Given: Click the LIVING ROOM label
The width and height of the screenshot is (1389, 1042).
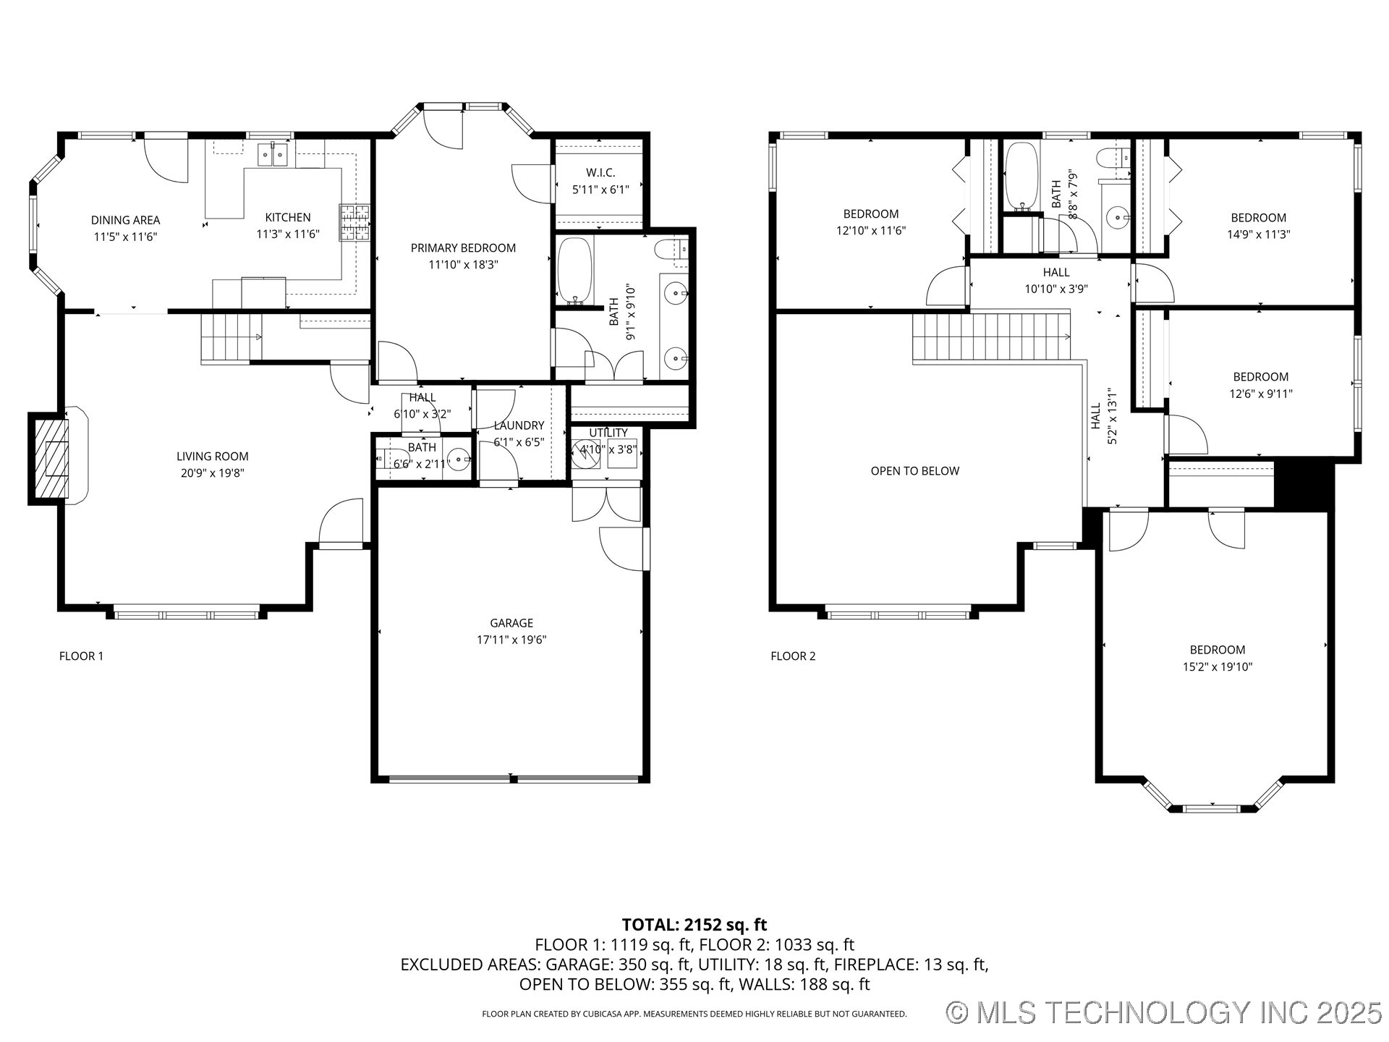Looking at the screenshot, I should pyautogui.click(x=212, y=457).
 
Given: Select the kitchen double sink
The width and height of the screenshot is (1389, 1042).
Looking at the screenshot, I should pyautogui.click(x=273, y=154).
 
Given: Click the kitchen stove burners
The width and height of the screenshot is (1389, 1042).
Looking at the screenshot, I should pyautogui.click(x=354, y=222).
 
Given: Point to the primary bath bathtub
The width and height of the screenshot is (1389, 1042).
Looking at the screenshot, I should pyautogui.click(x=575, y=270).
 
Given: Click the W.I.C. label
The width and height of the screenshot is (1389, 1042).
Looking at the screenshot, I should pyautogui.click(x=600, y=173).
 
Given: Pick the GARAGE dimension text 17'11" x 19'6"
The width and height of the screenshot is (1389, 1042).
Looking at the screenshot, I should pyautogui.click(x=511, y=640).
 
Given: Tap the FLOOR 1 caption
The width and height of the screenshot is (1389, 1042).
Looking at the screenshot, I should pyautogui.click(x=81, y=656).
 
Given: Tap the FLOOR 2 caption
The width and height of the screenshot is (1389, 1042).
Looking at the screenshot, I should pyautogui.click(x=793, y=656).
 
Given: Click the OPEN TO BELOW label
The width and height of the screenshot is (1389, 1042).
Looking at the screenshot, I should pyautogui.click(x=914, y=471).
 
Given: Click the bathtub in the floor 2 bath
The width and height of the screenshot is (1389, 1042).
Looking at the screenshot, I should pyautogui.click(x=1020, y=176).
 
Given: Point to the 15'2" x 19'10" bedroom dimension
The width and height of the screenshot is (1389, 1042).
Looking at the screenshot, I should pyautogui.click(x=1217, y=667).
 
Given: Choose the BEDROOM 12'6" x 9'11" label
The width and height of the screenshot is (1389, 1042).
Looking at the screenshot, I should pyautogui.click(x=1260, y=377).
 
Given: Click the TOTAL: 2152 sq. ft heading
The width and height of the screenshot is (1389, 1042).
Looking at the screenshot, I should pyautogui.click(x=694, y=924).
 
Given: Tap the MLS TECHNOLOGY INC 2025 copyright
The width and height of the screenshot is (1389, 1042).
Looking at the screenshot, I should pyautogui.click(x=1164, y=1012).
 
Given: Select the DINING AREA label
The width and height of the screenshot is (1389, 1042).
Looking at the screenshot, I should pyautogui.click(x=125, y=220).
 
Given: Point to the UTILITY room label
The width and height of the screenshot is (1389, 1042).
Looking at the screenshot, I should pyautogui.click(x=608, y=433).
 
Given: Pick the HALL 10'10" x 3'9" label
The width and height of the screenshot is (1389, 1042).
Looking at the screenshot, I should pyautogui.click(x=1055, y=273).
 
